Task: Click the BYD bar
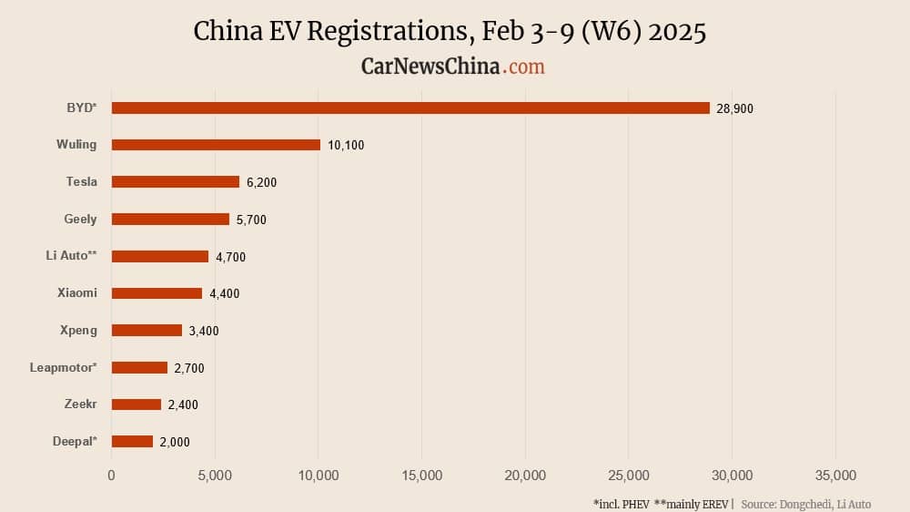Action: point(409,108)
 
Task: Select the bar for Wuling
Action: point(216,145)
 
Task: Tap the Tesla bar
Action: point(175,182)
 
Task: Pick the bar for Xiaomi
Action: point(157,293)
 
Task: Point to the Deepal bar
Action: point(132,442)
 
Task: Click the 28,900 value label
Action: point(735,108)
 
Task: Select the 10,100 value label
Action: point(346,146)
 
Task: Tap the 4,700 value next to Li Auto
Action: point(230,257)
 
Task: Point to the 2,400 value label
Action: point(183,404)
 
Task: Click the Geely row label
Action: point(80,219)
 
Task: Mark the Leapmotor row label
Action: point(63,367)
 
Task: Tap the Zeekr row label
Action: point(80,404)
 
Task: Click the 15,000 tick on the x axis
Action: point(421,475)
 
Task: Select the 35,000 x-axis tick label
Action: point(835,475)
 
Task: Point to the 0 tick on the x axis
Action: point(111,475)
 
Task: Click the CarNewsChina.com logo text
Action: point(452,67)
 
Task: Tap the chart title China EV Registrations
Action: point(450,31)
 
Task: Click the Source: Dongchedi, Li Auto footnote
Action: point(805,504)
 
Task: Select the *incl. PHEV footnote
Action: point(621,504)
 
